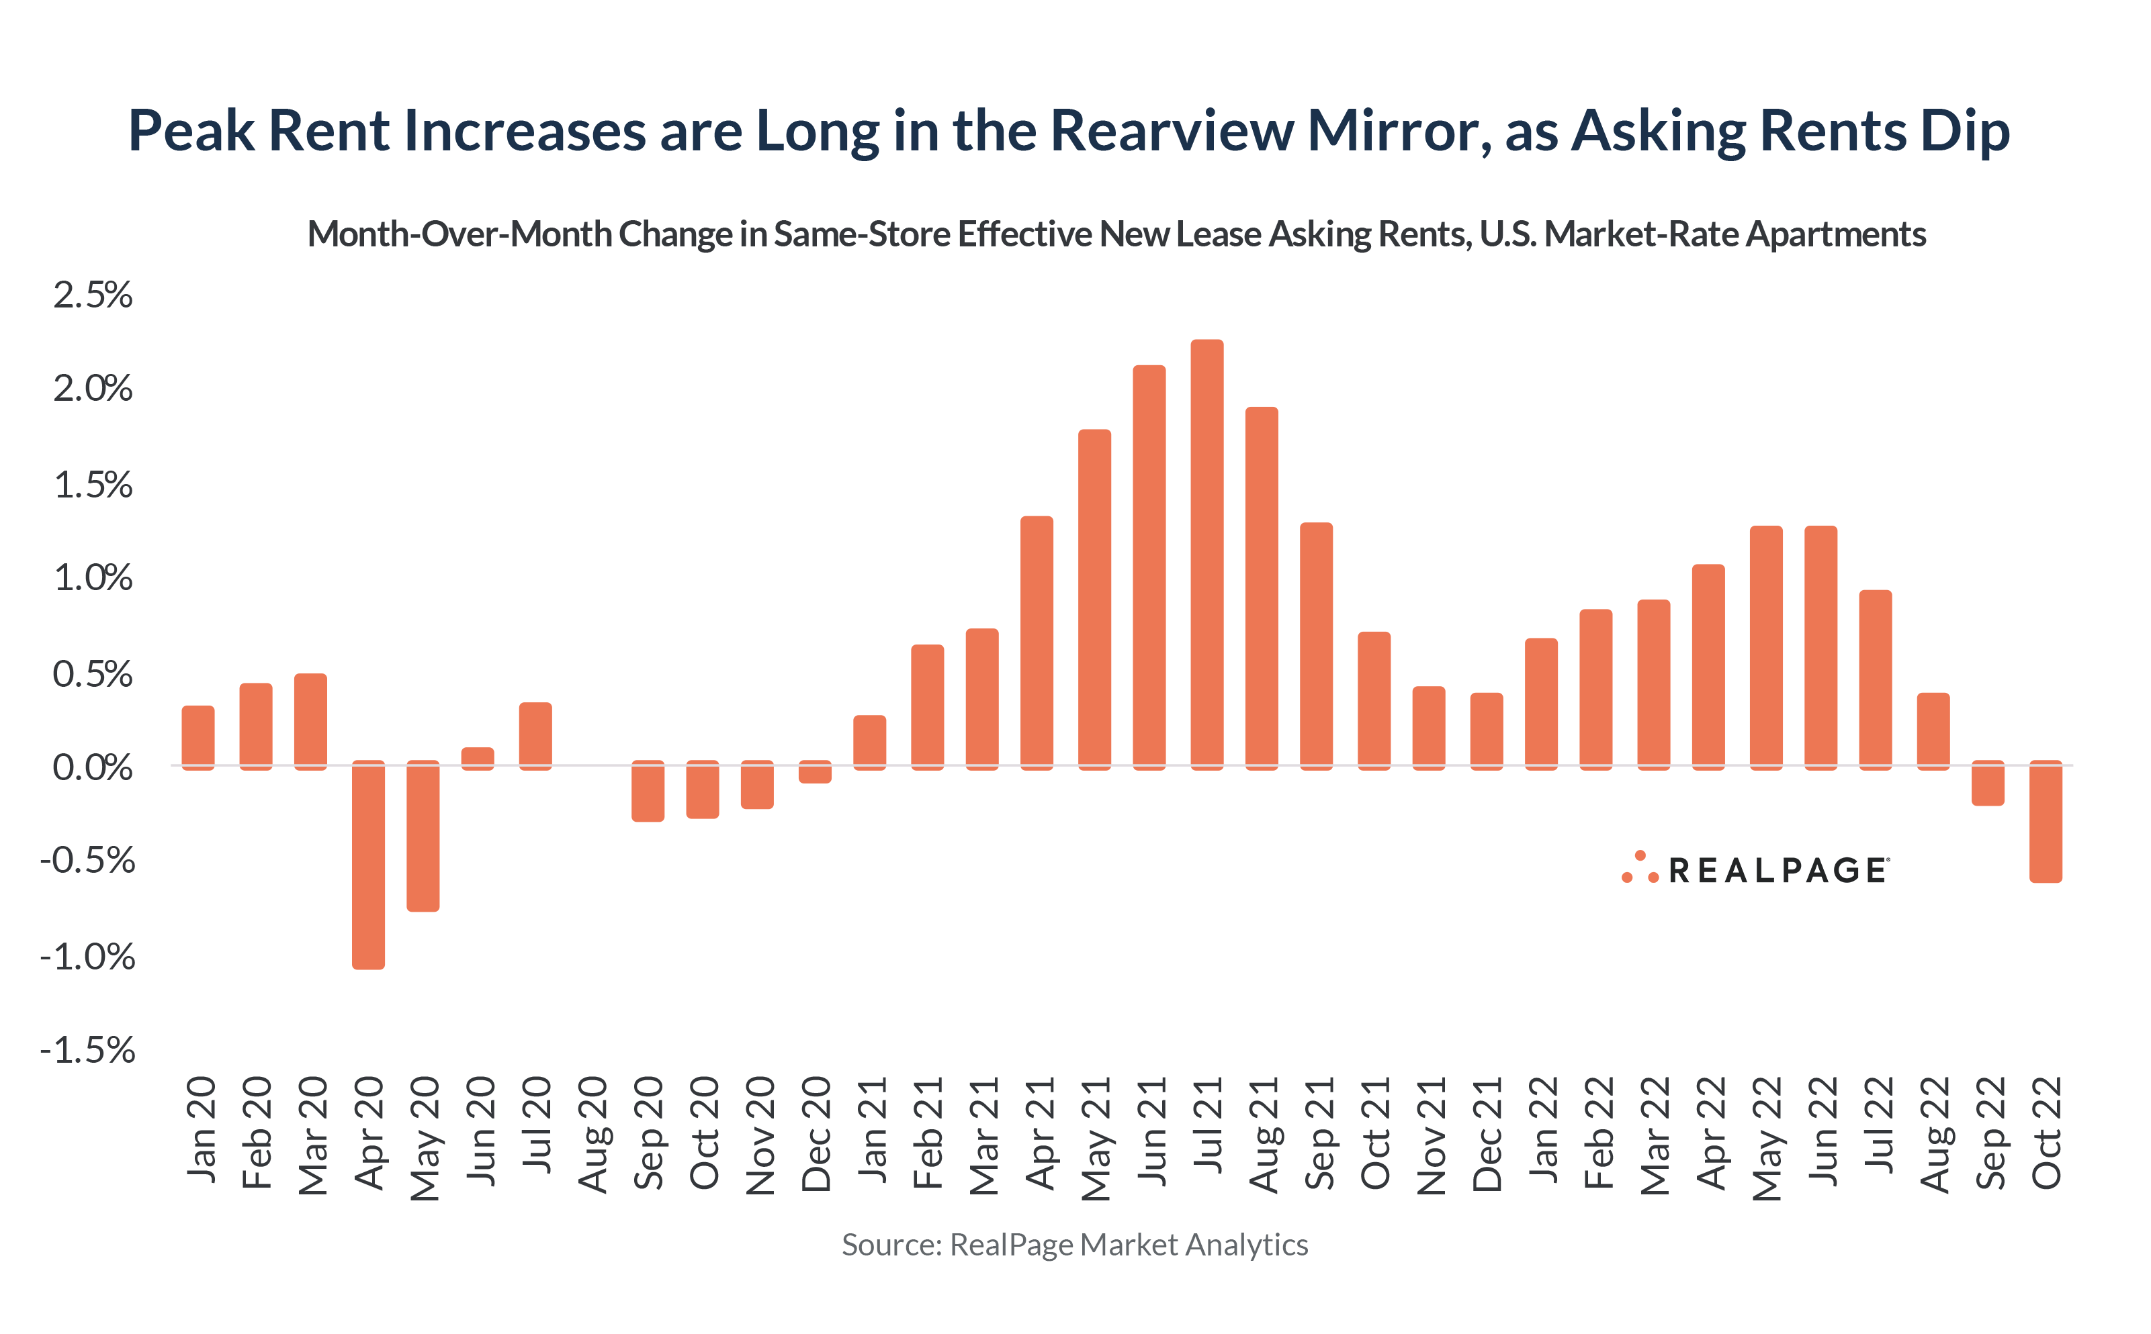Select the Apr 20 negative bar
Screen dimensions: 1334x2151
click(368, 865)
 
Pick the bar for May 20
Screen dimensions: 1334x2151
click(423, 836)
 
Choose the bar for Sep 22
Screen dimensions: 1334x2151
click(1988, 783)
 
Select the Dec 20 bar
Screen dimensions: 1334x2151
click(815, 771)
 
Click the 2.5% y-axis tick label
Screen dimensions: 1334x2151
click(93, 295)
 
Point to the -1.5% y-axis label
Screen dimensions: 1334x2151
click(87, 1050)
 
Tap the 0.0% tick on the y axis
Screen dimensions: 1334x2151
click(93, 767)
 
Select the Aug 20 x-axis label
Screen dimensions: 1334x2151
click(592, 1135)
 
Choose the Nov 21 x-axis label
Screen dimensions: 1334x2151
click(1430, 1135)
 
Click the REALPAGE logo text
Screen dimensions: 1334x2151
click(1777, 871)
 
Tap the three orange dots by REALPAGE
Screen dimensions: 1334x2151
click(1639, 868)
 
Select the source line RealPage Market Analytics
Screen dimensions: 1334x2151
click(1074, 1244)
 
